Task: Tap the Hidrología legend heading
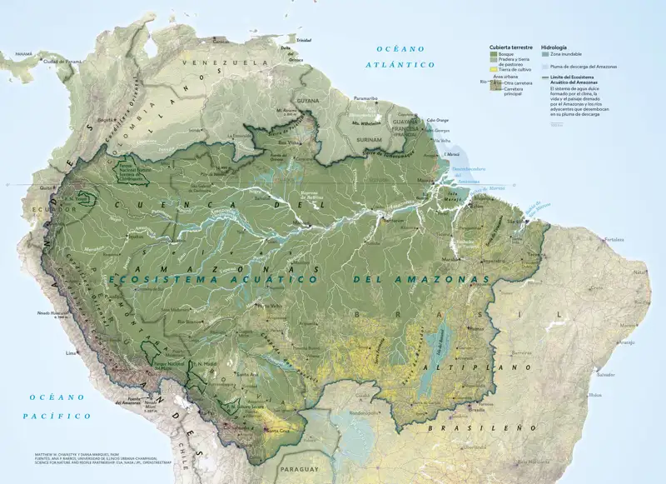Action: click(x=554, y=48)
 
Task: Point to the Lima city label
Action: click(x=71, y=353)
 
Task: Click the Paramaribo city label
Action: click(x=365, y=98)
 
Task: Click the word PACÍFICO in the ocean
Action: click(x=57, y=414)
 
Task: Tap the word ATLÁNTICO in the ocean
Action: click(x=405, y=64)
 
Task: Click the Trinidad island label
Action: click(x=303, y=40)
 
